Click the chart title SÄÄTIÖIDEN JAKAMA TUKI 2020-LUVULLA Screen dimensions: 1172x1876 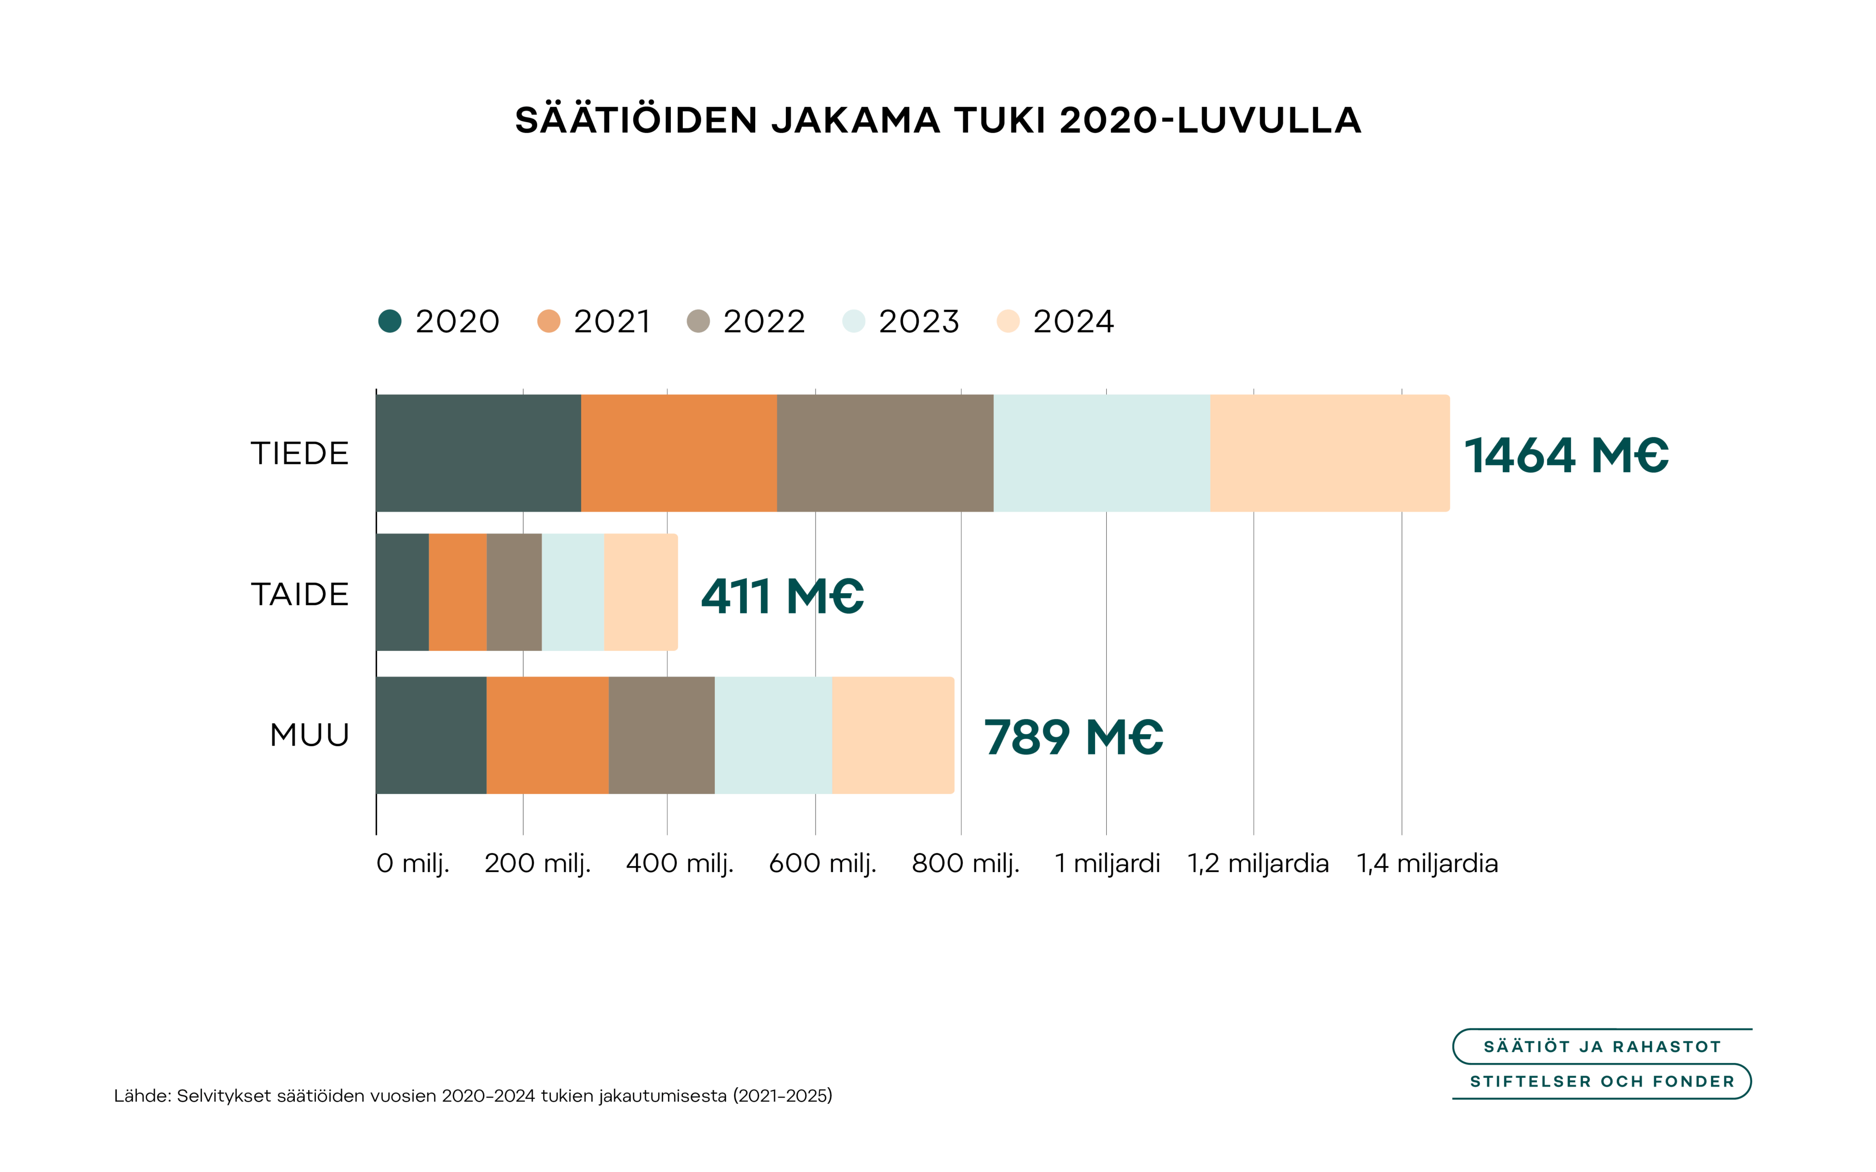[938, 120]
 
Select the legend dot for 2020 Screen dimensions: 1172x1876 [390, 321]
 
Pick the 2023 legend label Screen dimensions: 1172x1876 [919, 321]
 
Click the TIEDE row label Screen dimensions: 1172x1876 [300, 454]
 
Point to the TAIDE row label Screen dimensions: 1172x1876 [300, 595]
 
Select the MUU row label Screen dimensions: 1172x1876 [310, 735]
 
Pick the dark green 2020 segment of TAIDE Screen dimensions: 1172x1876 [402, 592]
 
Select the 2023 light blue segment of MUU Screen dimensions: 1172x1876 [773, 735]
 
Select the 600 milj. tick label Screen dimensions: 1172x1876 [822, 863]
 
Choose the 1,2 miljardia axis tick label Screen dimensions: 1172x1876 [1258, 863]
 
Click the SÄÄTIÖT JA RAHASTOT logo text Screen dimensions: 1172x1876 [1602, 1047]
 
